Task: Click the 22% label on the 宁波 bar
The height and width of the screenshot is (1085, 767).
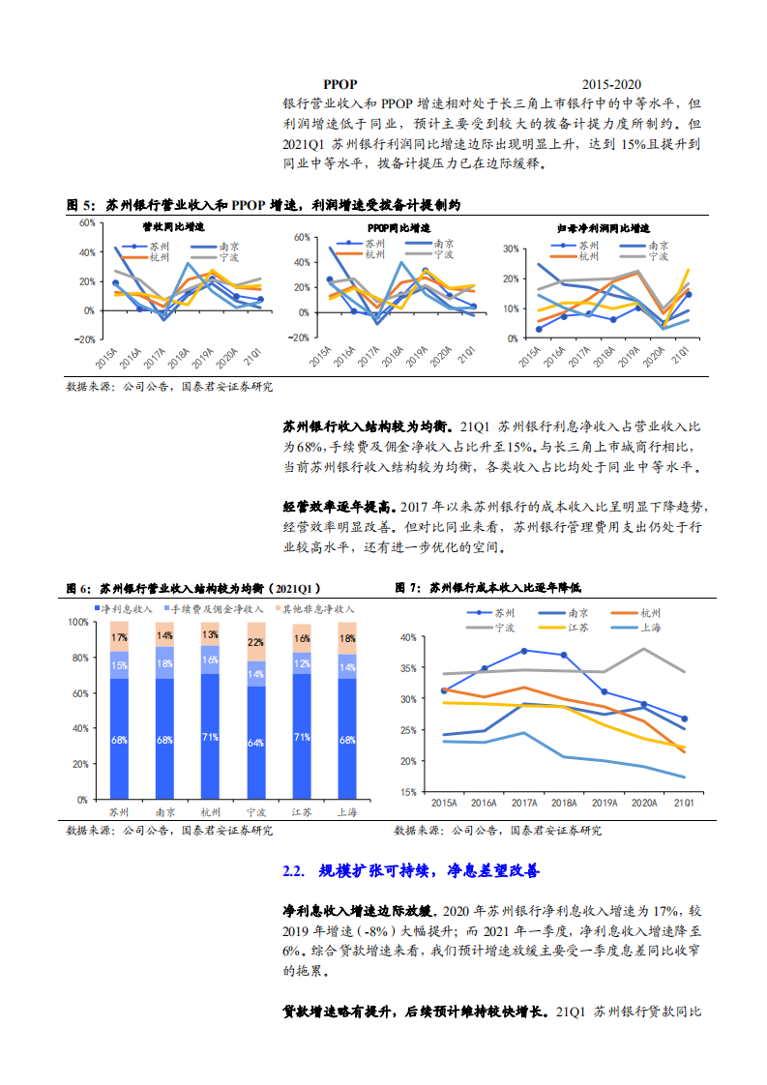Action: [255, 642]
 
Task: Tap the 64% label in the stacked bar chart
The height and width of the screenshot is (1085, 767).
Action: [255, 742]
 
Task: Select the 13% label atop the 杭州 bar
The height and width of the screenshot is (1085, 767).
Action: [210, 635]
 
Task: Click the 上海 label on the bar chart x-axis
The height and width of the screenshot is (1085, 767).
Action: [344, 812]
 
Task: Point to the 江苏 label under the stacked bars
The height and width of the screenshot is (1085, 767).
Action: [300, 812]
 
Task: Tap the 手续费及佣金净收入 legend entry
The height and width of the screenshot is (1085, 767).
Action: [218, 609]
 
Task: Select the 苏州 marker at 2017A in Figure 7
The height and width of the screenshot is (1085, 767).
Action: [524, 651]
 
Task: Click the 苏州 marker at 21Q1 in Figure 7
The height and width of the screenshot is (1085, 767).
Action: [684, 718]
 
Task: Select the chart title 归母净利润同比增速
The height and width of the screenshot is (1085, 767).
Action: [606, 227]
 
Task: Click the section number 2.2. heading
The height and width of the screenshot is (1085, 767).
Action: [294, 871]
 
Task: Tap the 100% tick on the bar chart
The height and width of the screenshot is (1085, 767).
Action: [79, 622]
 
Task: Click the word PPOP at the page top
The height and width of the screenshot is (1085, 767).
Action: [340, 85]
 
